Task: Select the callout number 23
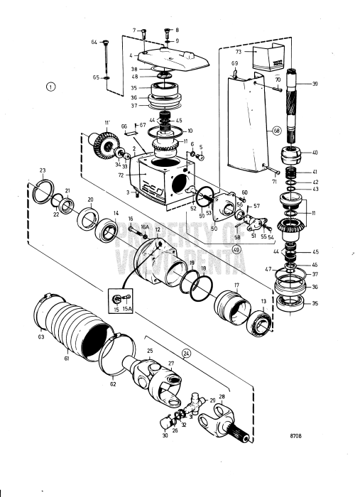pos(43,170)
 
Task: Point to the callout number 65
pos(94,77)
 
